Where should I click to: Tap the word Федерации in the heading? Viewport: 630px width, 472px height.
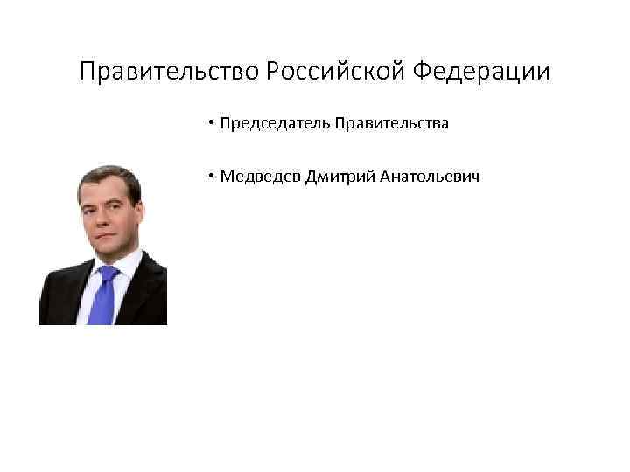tap(482, 71)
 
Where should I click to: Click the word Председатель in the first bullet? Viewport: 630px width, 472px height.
tap(274, 124)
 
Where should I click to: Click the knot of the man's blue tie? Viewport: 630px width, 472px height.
tap(108, 273)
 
